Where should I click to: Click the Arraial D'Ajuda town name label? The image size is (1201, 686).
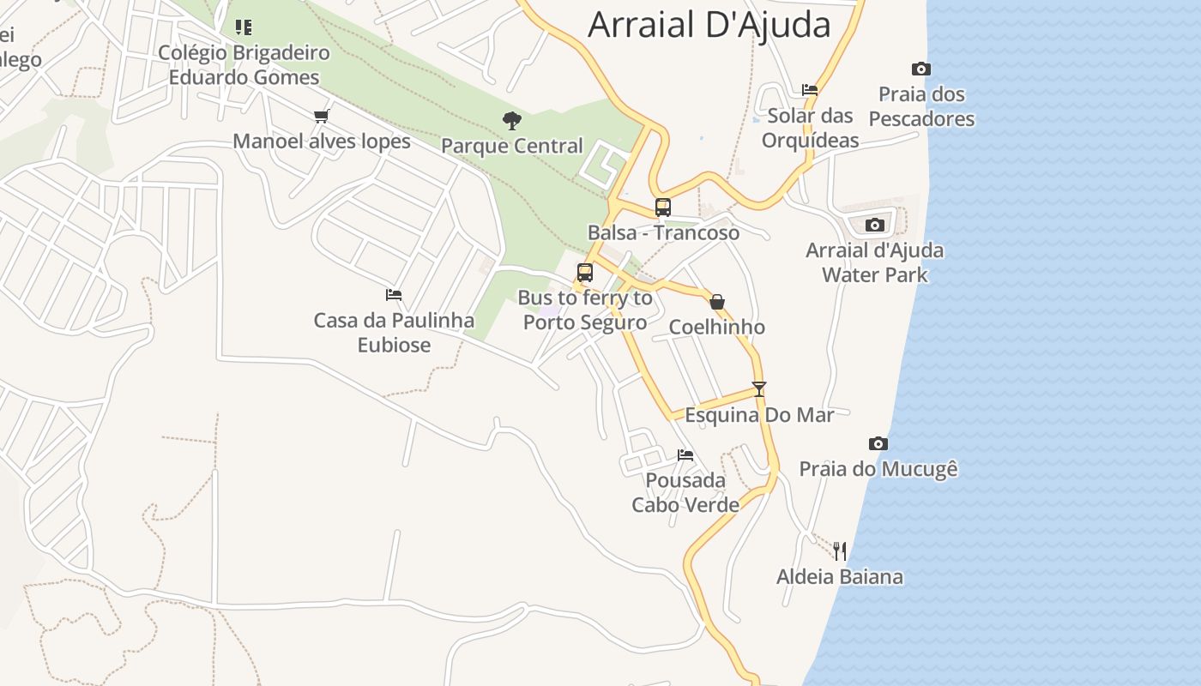pos(709,25)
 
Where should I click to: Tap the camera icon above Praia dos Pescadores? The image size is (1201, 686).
pos(920,69)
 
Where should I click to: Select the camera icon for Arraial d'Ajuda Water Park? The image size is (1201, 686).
pos(874,225)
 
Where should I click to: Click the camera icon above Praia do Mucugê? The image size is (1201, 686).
pos(878,443)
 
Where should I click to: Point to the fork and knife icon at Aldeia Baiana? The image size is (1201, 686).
pos(840,551)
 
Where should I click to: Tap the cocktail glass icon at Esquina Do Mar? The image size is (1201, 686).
pos(758,388)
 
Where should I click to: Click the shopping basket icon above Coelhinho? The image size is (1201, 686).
pos(717,301)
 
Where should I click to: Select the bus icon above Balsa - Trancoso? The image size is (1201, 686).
pos(663,207)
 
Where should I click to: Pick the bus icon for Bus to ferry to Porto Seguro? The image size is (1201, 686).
pos(585,273)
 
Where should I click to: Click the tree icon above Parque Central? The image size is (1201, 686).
pos(512,120)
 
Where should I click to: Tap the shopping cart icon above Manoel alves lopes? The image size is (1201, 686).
pos(322,116)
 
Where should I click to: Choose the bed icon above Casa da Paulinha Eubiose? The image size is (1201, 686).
pos(394,295)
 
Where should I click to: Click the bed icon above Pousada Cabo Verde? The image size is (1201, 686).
pos(685,454)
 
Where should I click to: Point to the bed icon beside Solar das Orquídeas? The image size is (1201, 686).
pos(809,89)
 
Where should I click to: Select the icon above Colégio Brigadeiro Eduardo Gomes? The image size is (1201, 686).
pos(244,27)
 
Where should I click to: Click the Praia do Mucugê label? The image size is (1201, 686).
pos(878,469)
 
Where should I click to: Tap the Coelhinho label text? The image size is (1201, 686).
pos(716,327)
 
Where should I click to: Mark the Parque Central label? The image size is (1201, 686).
pos(512,146)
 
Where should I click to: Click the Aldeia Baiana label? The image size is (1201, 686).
pos(839,576)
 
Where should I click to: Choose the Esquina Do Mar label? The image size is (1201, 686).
pos(759,415)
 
